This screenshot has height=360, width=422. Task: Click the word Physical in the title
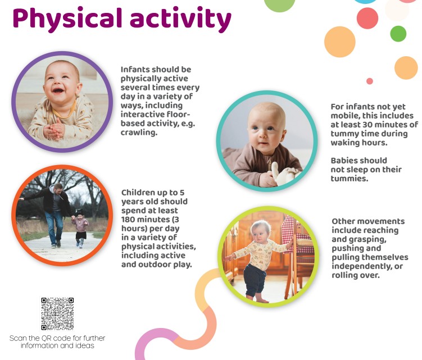67,19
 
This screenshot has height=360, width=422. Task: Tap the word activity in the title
180,19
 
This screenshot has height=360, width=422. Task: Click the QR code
57,314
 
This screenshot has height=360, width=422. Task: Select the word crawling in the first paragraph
139,133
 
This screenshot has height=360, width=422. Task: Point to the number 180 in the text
128,220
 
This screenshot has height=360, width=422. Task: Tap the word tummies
350,179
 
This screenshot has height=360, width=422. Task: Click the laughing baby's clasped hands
55,129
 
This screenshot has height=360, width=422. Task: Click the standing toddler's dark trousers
255,280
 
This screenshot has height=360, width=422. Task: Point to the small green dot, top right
398,34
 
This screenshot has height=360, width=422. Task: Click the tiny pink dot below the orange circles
370,81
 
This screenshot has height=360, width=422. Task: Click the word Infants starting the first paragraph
135,70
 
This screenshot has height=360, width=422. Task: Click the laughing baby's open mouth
57,90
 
